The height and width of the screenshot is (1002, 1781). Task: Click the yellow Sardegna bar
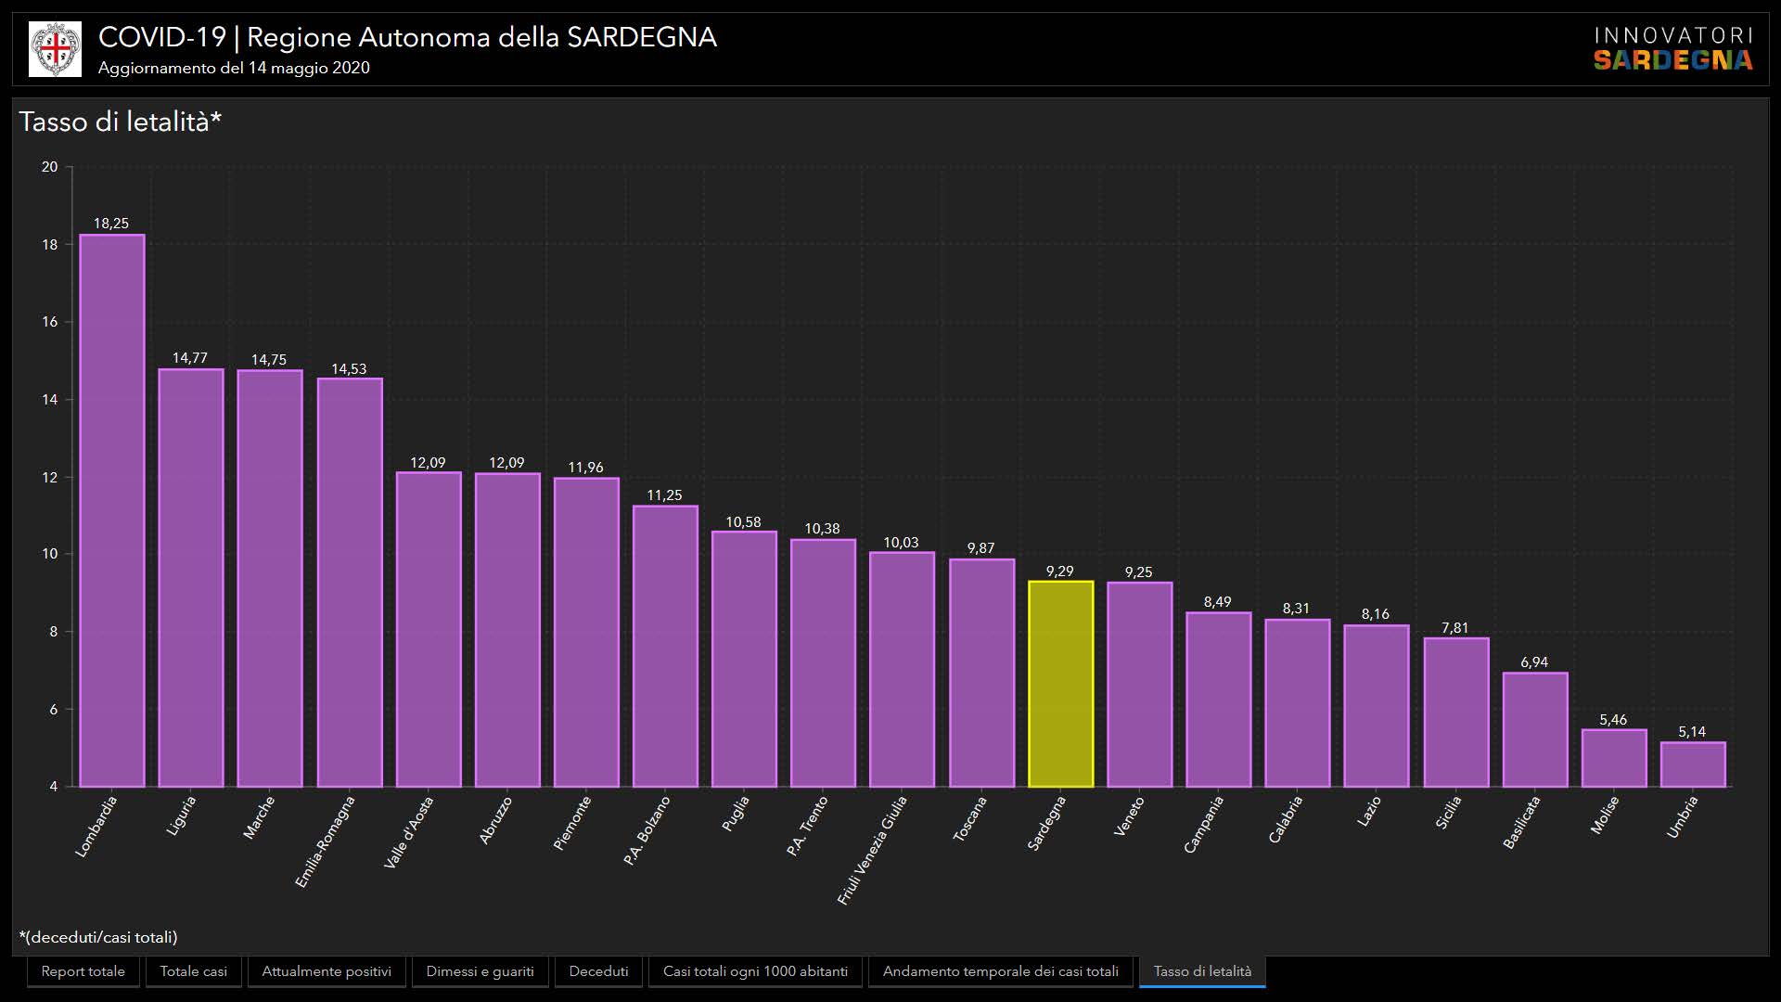pyautogui.click(x=1060, y=684)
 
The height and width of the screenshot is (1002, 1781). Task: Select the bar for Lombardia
pyautogui.click(x=112, y=510)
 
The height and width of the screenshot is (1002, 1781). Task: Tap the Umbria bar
pyautogui.click(x=1693, y=764)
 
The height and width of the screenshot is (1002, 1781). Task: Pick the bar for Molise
pyautogui.click(x=1614, y=758)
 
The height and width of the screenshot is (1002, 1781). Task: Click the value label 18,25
pyautogui.click(x=111, y=224)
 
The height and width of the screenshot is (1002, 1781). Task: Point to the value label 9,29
pyautogui.click(x=1059, y=572)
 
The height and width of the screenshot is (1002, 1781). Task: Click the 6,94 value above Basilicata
pyautogui.click(x=1534, y=662)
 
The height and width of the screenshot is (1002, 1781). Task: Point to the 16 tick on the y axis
pyautogui.click(x=49, y=322)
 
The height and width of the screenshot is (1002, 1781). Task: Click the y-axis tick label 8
pyautogui.click(x=53, y=632)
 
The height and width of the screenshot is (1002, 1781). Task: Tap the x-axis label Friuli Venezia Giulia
pyautogui.click(x=872, y=850)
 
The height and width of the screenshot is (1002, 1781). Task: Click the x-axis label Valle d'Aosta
pyautogui.click(x=408, y=832)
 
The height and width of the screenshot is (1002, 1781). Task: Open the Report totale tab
pyautogui.click(x=83, y=971)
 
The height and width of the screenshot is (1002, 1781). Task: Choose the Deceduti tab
pyautogui.click(x=598, y=971)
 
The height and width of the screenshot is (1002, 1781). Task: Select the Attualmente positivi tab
pyautogui.click(x=327, y=971)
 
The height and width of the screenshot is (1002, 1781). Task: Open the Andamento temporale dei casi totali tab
pyautogui.click(x=1000, y=971)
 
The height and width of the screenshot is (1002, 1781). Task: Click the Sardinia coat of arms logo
pyautogui.click(x=56, y=49)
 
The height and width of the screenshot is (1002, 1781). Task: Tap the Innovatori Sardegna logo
pyautogui.click(x=1672, y=48)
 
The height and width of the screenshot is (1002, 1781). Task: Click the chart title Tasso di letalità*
pyautogui.click(x=121, y=122)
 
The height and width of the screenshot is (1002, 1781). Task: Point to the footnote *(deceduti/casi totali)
pyautogui.click(x=98, y=937)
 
